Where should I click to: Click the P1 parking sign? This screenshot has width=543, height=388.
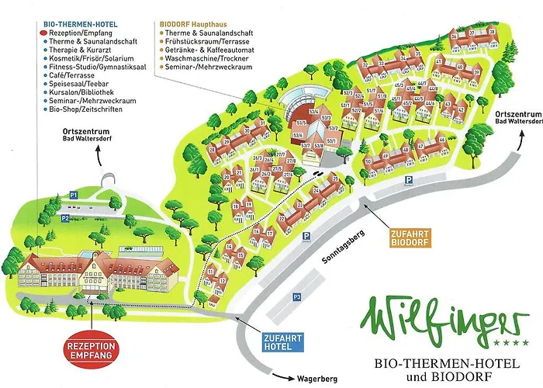[x=74, y=192]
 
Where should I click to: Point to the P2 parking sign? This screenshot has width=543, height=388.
[x=66, y=218]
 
